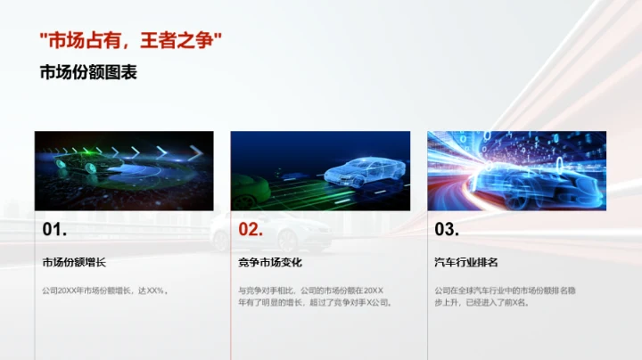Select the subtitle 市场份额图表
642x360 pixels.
[88, 73]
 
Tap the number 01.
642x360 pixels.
[54, 230]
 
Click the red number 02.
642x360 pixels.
[251, 230]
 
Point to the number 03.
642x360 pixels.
[447, 230]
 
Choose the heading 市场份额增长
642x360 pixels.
[74, 263]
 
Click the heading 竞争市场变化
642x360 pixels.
[270, 263]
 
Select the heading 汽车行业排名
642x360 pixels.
[465, 263]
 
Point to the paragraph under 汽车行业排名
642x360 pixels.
[512, 296]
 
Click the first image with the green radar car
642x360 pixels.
[124, 170]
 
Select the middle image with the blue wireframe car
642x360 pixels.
[320, 170]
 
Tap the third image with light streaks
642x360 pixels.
[516, 170]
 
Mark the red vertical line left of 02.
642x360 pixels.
[231, 285]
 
